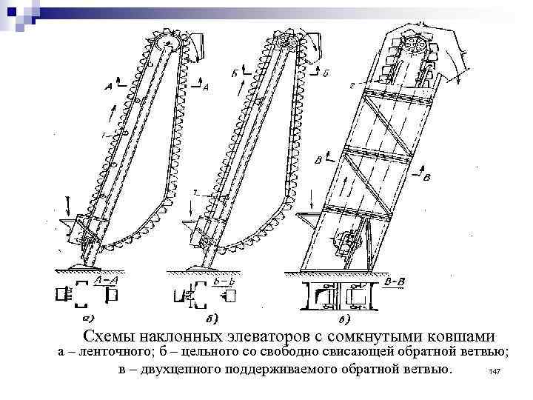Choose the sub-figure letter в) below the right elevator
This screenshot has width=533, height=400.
click(345, 320)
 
